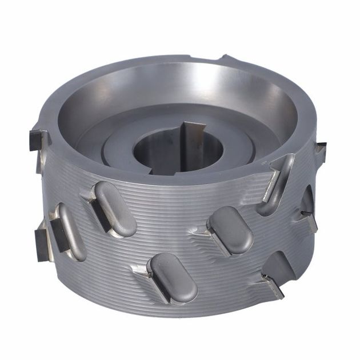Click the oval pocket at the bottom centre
coord(171,278)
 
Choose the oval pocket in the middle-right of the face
coord(231,229)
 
